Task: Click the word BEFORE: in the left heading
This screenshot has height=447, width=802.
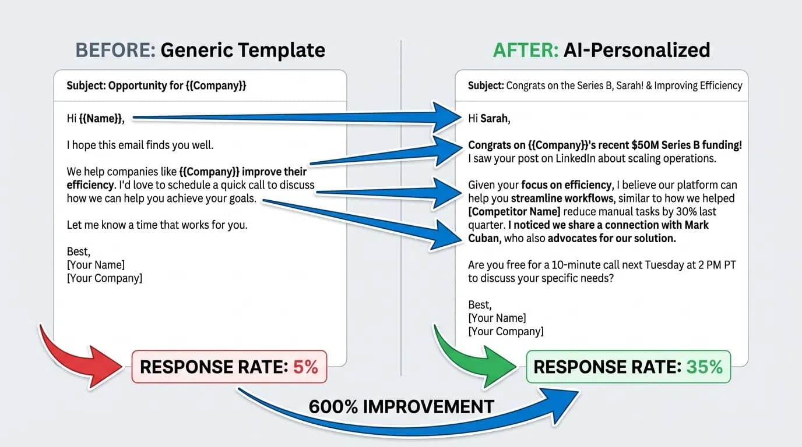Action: coord(115,50)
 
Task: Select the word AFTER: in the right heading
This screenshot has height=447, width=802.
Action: coord(525,50)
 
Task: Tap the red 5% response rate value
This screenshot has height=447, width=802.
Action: coord(306,367)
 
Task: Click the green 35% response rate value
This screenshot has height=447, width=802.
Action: coord(704,367)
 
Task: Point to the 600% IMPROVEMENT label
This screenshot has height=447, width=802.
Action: coord(401,406)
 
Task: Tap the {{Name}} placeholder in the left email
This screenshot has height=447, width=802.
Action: coord(101,119)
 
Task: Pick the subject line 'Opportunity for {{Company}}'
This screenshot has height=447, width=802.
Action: coord(156,86)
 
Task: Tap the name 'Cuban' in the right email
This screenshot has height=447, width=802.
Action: coord(483,238)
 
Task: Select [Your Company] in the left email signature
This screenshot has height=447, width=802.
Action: coord(104,278)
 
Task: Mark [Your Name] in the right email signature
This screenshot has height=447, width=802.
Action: coord(497,318)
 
